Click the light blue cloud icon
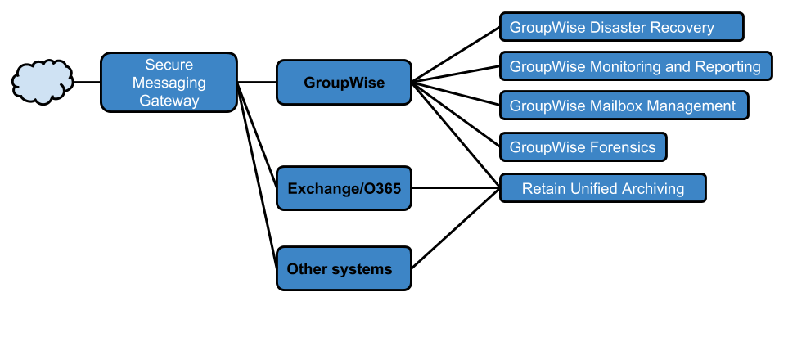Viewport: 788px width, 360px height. point(43,82)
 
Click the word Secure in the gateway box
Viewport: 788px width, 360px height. point(169,65)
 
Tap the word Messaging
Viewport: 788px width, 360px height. point(169,83)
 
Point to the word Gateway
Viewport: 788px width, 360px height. point(169,101)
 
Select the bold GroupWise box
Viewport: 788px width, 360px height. point(344,83)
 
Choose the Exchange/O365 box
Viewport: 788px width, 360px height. point(344,189)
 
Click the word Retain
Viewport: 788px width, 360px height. point(543,189)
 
